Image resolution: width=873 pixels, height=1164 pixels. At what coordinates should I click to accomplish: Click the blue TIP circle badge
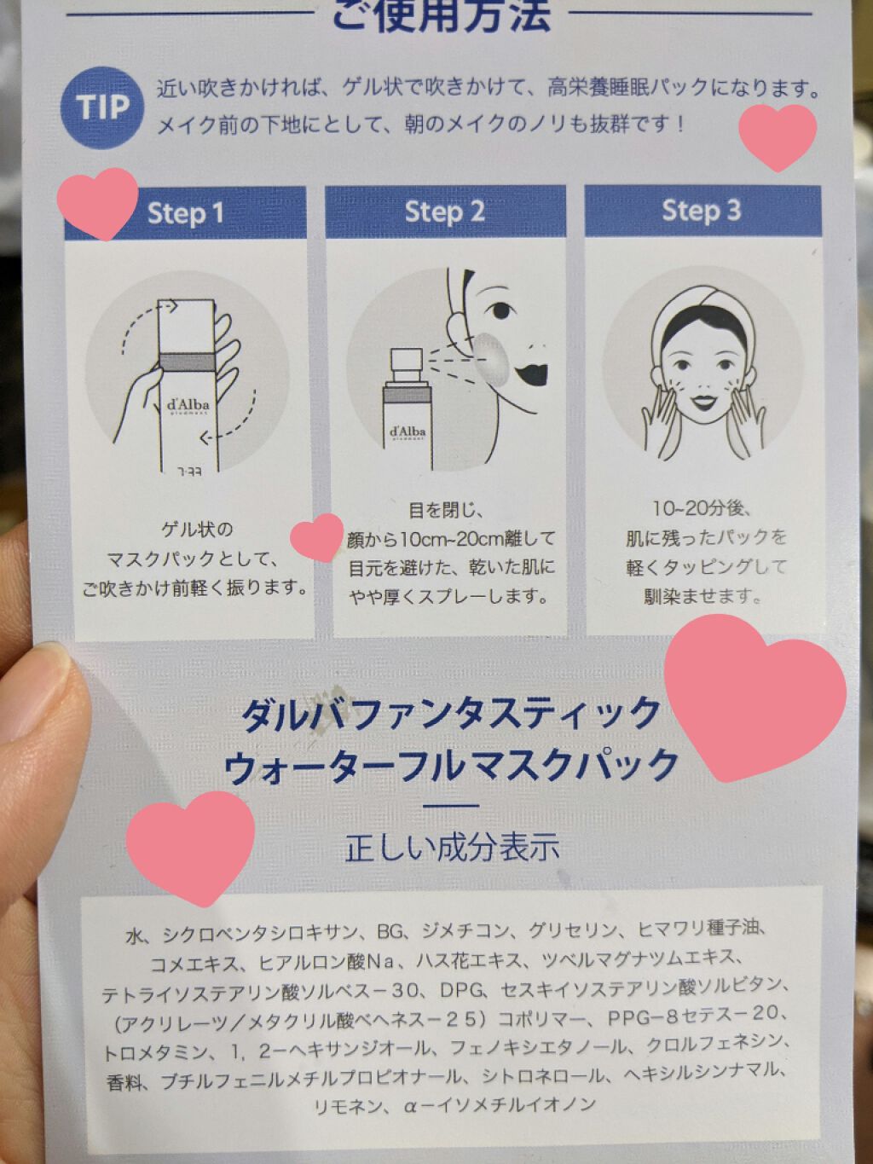102,107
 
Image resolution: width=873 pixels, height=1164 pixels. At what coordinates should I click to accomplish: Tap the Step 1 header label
185,213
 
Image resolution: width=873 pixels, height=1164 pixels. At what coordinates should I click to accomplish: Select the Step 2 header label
445,211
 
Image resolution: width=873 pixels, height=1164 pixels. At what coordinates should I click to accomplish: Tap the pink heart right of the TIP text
778,136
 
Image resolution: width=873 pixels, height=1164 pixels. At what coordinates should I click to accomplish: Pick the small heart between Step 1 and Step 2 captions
317,537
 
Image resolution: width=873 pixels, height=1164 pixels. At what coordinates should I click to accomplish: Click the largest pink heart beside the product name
754,697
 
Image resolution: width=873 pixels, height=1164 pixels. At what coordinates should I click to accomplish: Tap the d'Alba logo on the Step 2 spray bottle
408,431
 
